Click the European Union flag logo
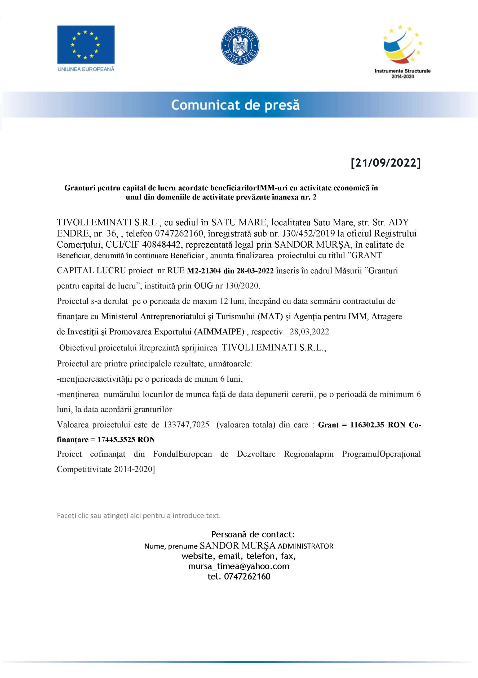click(x=86, y=44)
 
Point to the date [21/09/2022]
click(x=386, y=163)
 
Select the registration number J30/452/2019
click(x=308, y=234)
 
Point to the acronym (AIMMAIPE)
click(x=219, y=332)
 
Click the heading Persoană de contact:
click(x=253, y=534)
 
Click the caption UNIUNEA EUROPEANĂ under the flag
click(x=86, y=69)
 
